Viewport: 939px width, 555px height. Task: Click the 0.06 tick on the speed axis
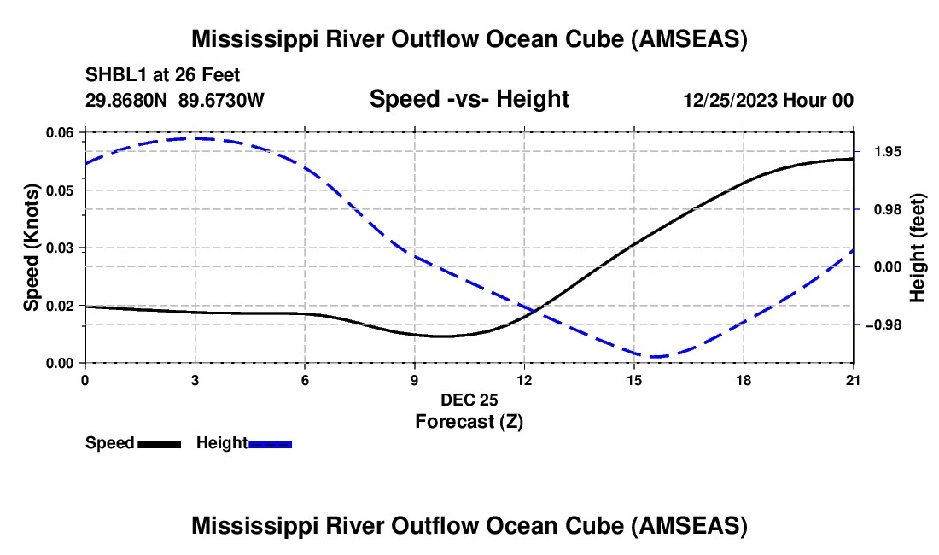point(59,132)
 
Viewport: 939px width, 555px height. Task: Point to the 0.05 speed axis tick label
point(59,190)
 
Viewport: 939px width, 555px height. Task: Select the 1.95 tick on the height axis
point(888,151)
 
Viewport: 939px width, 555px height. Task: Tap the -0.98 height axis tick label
point(884,324)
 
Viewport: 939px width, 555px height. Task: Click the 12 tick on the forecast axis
point(525,380)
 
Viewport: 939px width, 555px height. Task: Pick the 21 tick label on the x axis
point(853,380)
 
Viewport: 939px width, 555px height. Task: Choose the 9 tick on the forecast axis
point(414,380)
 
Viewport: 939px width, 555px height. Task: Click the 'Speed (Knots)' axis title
point(31,248)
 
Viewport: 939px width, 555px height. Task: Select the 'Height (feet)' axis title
point(917,248)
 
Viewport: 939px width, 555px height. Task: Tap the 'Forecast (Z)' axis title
point(469,421)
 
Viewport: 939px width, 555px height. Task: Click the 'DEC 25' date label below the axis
point(469,400)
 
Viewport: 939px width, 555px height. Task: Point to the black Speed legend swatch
point(160,444)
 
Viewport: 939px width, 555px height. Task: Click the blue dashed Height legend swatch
point(270,444)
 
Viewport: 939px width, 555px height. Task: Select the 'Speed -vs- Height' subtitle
point(469,99)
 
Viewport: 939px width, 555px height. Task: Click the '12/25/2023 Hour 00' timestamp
point(768,100)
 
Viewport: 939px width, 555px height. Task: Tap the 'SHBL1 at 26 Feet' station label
point(162,75)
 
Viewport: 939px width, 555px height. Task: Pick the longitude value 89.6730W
point(221,100)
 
